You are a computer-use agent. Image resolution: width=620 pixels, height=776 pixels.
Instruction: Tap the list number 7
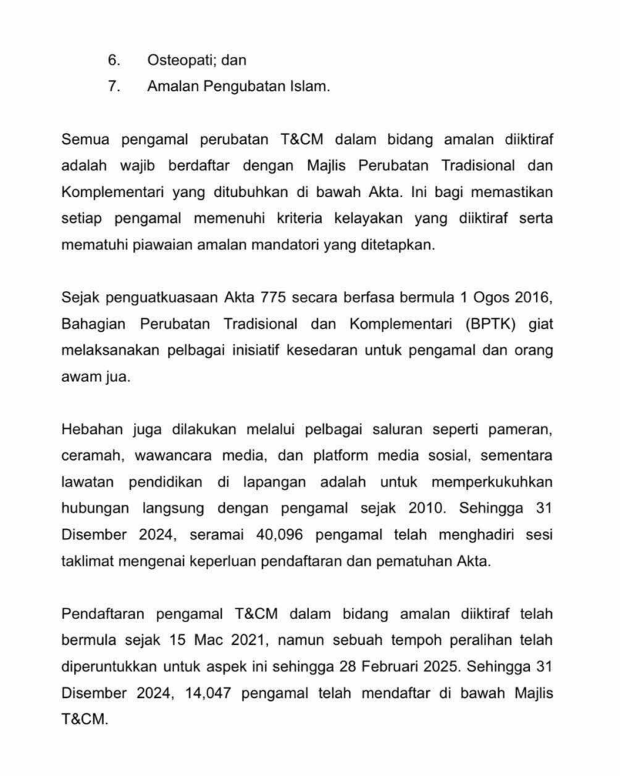coord(114,86)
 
